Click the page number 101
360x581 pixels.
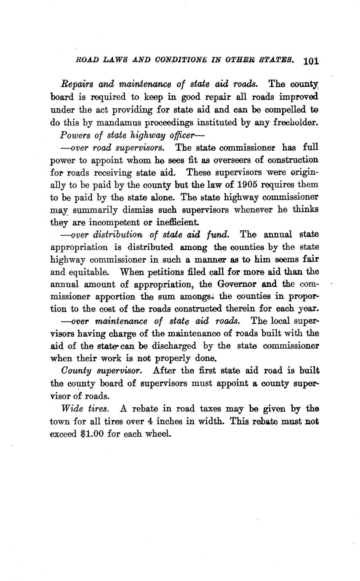point(311,61)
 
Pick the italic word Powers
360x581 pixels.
point(75,135)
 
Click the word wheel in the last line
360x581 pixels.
point(157,433)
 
